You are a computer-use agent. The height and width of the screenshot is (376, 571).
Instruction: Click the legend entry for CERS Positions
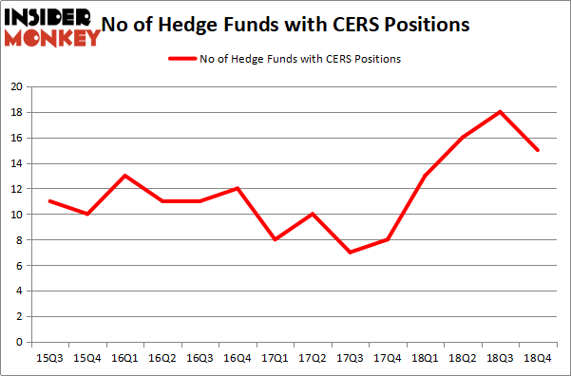click(284, 59)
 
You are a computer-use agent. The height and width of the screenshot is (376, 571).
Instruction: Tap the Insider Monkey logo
click(52, 26)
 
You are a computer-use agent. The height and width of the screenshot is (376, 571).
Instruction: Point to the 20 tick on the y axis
click(16, 86)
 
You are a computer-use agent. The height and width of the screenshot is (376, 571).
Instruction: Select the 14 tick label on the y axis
click(16, 163)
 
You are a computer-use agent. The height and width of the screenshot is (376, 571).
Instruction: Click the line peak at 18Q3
click(500, 112)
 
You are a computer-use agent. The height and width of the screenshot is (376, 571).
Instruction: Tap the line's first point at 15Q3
click(48, 201)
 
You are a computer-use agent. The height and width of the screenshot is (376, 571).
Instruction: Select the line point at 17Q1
click(275, 239)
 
